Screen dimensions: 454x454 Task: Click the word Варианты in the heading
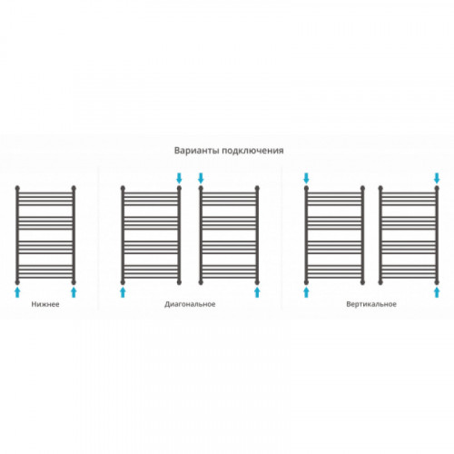[197, 151]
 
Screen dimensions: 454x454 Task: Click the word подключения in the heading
[253, 151]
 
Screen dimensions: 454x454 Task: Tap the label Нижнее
[45, 304]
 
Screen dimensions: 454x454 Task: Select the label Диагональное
[190, 304]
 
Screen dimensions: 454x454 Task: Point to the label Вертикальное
[371, 304]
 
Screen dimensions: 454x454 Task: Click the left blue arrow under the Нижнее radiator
[17, 292]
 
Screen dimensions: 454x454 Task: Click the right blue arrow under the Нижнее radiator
[74, 292]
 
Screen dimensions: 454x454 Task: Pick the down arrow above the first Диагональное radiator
[179, 178]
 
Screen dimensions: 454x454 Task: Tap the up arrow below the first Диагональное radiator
[123, 292]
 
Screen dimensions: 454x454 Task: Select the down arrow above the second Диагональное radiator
[201, 178]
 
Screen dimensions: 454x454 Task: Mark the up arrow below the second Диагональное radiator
[257, 292]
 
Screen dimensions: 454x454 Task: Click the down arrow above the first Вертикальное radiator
[306, 178]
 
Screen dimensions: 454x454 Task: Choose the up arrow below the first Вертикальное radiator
[306, 292]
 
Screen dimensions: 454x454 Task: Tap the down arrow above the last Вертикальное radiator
[437, 178]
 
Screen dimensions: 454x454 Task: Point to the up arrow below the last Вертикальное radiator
[437, 292]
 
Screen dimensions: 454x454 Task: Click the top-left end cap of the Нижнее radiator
[17, 188]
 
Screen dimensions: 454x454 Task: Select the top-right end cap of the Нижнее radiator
[74, 188]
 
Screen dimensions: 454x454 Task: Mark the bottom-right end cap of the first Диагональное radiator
[179, 282]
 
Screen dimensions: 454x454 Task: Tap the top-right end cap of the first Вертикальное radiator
[362, 188]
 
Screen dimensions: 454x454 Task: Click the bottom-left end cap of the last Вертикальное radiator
[380, 282]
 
